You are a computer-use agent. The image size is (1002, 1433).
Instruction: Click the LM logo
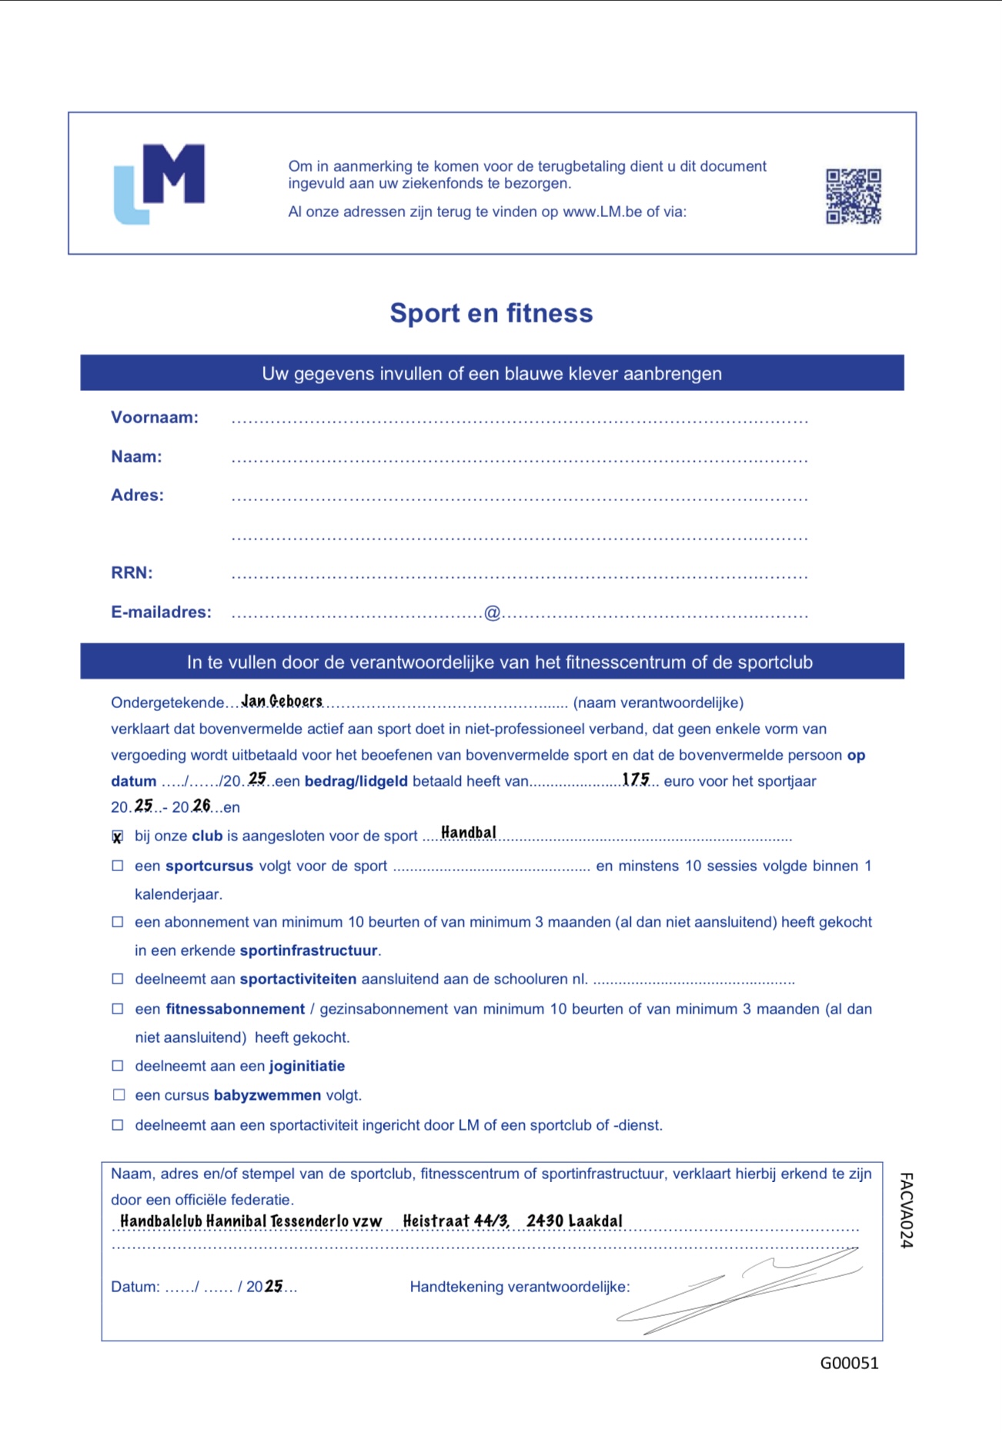click(159, 183)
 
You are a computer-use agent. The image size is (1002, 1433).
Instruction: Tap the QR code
click(853, 196)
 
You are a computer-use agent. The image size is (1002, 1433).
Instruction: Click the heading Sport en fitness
click(491, 313)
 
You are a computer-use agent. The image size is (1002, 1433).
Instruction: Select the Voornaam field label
click(155, 418)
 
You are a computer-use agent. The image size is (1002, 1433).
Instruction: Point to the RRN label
click(132, 573)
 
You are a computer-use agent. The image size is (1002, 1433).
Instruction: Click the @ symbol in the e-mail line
click(492, 613)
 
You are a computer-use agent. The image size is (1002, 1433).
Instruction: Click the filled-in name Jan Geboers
click(282, 701)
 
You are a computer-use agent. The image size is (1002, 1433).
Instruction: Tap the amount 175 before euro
click(636, 780)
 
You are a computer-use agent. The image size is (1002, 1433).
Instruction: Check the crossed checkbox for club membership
click(118, 837)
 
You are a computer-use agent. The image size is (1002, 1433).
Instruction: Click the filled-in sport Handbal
click(468, 833)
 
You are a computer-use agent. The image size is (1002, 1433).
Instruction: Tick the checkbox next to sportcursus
click(118, 866)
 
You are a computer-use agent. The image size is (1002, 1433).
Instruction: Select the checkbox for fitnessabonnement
click(118, 1009)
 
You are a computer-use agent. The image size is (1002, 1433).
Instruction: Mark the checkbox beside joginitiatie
click(118, 1066)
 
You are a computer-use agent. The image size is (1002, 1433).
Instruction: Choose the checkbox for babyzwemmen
click(118, 1095)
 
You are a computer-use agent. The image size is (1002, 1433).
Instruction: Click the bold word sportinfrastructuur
click(309, 950)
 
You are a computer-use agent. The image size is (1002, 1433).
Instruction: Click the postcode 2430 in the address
click(545, 1221)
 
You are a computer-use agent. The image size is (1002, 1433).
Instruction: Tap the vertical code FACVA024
click(907, 1210)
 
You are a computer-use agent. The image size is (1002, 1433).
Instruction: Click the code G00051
click(849, 1363)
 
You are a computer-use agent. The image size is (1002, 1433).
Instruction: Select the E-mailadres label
click(161, 613)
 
